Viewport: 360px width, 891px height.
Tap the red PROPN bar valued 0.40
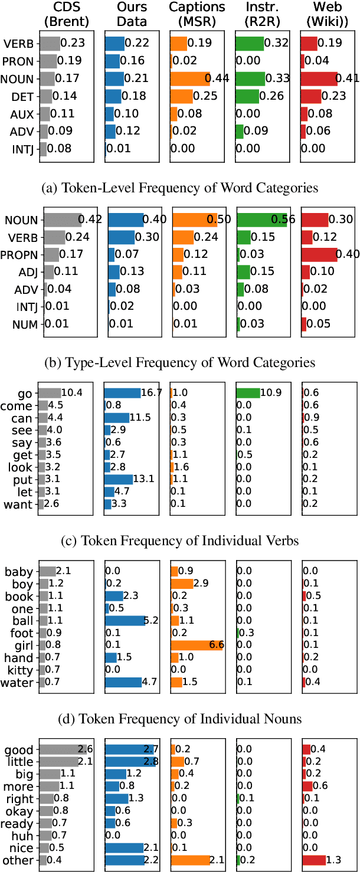click(319, 255)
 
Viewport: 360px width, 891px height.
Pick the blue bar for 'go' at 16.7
click(123, 393)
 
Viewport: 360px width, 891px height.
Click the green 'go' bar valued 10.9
click(248, 393)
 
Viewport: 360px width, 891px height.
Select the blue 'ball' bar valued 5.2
click(125, 620)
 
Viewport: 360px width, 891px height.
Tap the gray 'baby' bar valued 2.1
click(47, 571)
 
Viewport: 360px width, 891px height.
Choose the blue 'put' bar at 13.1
click(119, 479)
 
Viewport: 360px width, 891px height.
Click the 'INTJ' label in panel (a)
click(22, 149)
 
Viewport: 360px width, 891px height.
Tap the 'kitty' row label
click(19, 670)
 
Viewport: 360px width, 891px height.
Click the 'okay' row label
click(20, 811)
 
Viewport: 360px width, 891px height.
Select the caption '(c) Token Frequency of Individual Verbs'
click(181, 541)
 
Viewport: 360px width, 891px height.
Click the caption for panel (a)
click(181, 188)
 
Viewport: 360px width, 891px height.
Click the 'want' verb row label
click(19, 504)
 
